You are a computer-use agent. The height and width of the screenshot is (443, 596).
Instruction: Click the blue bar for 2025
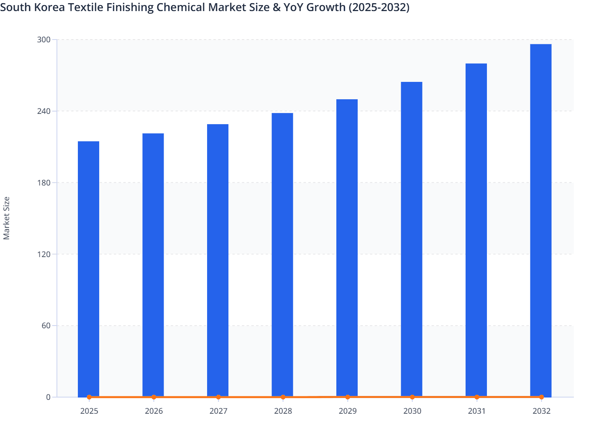click(x=89, y=269)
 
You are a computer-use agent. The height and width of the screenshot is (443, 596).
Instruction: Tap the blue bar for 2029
click(x=347, y=248)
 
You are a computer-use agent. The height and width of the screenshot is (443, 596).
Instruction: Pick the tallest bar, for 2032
click(x=541, y=220)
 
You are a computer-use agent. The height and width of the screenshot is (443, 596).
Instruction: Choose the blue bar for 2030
click(x=411, y=239)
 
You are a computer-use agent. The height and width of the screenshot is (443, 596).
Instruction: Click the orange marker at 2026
click(x=154, y=397)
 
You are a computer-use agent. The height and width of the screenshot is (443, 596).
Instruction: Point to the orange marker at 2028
click(x=283, y=397)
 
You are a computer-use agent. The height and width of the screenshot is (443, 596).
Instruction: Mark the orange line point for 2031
click(x=477, y=397)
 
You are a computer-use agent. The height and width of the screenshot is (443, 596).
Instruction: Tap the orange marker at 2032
click(x=541, y=397)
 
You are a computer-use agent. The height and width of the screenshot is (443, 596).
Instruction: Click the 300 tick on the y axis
click(x=44, y=40)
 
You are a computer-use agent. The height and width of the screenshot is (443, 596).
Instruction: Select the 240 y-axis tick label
click(x=44, y=111)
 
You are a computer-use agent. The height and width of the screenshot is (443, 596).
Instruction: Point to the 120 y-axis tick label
click(x=44, y=254)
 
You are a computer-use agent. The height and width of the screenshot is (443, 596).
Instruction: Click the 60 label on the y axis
click(x=46, y=326)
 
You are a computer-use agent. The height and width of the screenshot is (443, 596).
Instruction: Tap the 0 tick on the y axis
click(x=48, y=397)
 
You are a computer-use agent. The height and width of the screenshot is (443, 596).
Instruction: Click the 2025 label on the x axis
click(x=89, y=411)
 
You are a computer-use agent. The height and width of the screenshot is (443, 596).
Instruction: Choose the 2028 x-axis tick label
click(x=283, y=411)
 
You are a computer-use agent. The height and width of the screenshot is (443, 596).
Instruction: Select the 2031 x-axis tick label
click(x=477, y=411)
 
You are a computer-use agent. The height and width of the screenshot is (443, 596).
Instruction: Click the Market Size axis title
click(x=6, y=218)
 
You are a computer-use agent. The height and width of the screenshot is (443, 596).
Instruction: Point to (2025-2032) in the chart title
click(x=379, y=7)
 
